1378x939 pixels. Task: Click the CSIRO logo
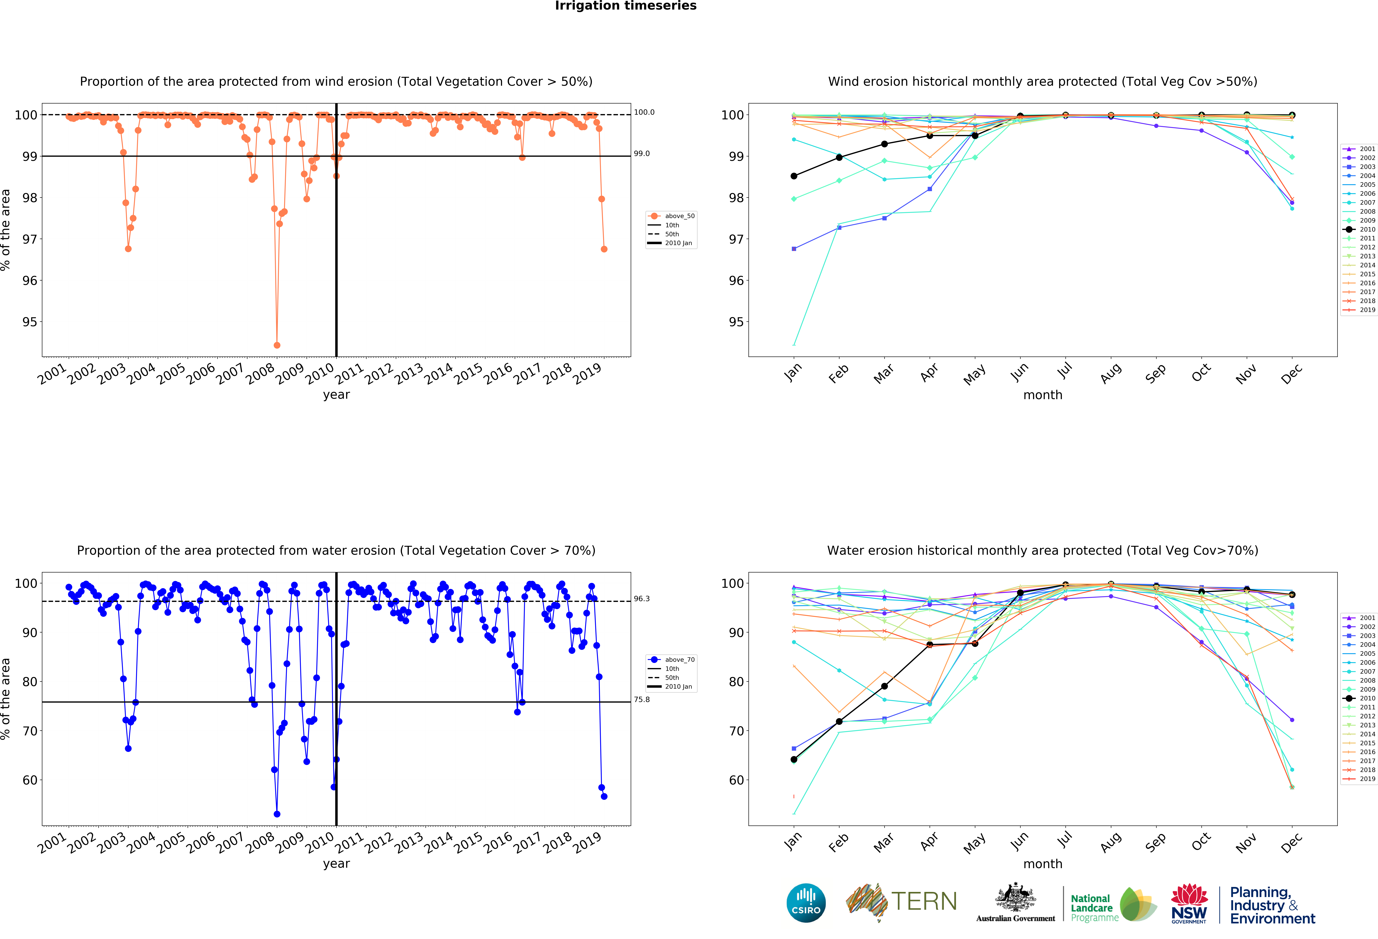(x=806, y=903)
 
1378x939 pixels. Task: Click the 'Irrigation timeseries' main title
(x=626, y=6)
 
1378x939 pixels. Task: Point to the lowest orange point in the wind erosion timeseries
(x=277, y=345)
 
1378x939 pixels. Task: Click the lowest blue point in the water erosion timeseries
(x=277, y=814)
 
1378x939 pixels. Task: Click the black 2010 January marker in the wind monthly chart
(x=794, y=176)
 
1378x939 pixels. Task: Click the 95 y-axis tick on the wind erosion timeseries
(x=30, y=322)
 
